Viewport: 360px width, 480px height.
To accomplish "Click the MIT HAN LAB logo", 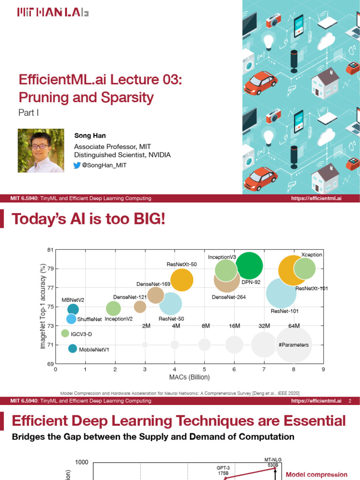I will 52,13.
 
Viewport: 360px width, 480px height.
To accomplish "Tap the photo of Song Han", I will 41,150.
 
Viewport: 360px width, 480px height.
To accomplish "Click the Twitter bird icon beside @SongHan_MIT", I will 77,165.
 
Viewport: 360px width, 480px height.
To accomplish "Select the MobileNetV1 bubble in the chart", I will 72,348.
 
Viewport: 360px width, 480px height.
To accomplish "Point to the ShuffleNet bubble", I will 71,319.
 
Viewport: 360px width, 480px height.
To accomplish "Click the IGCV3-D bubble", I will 65,333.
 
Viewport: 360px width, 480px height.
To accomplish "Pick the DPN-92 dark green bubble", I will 249,266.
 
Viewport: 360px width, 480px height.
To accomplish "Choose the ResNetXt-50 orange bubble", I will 182,280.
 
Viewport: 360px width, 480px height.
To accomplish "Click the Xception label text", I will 312,254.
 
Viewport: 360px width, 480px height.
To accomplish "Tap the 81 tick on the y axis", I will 50,250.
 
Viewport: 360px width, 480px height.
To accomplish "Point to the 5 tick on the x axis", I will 204,369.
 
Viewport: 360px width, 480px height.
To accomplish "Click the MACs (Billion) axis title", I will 189,377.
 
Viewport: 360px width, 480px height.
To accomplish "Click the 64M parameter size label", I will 294,326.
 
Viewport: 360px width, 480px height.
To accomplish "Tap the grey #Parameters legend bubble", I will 294,345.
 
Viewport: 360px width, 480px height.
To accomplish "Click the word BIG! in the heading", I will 145,218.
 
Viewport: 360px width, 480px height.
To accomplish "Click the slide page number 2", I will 350,401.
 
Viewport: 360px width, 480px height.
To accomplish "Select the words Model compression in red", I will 316,475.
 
